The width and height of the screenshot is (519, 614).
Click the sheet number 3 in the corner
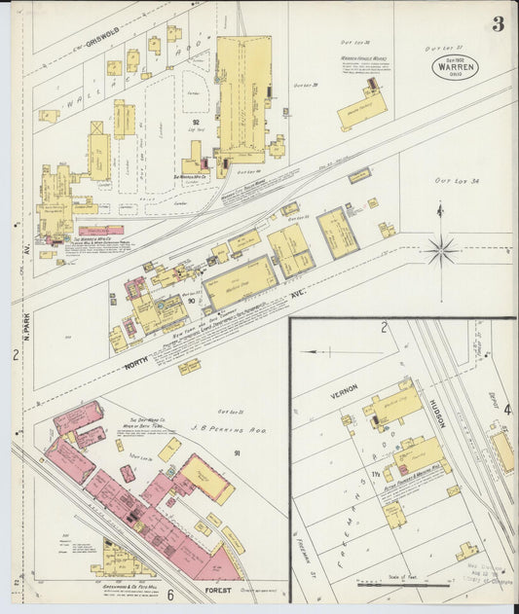[498, 23]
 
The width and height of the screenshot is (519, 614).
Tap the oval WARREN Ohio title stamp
[455, 67]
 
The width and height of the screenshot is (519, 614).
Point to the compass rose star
[440, 250]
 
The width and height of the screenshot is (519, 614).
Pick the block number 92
[196, 122]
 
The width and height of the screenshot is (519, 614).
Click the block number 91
[236, 453]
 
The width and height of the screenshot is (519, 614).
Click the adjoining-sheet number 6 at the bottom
[169, 595]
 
